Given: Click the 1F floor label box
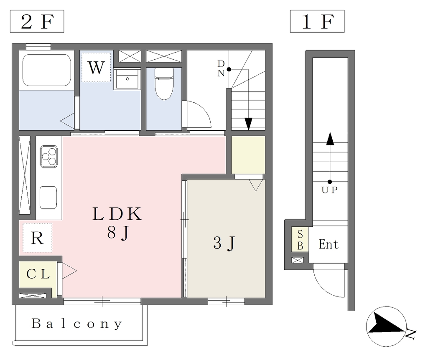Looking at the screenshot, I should (x=317, y=22).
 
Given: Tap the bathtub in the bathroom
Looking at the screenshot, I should (x=46, y=70).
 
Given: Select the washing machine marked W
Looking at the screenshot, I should (x=97, y=67).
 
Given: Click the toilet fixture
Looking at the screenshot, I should (x=164, y=84).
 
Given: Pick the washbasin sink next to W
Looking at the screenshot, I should (x=127, y=79).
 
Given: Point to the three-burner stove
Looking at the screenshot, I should (x=48, y=156).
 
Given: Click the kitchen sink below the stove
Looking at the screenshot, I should (x=48, y=197).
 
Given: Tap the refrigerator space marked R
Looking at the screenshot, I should (x=37, y=238).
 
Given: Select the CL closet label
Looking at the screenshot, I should (x=38, y=274).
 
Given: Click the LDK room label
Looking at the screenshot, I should (x=117, y=214).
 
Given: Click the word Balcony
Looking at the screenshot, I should (x=77, y=324).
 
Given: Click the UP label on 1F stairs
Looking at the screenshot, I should (x=329, y=190).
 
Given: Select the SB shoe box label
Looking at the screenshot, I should (x=300, y=240).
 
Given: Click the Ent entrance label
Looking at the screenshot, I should (x=329, y=244).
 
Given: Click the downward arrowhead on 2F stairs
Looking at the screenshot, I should (x=249, y=124).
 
